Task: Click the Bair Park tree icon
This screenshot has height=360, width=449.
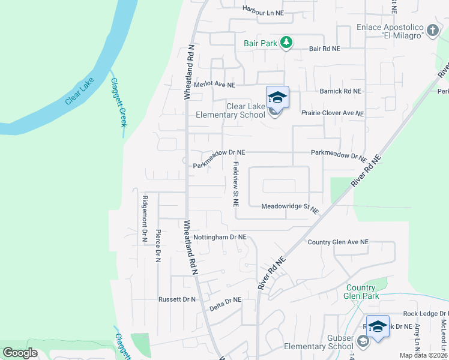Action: [x=287, y=43]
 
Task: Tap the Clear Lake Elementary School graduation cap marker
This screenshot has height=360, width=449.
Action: [x=277, y=97]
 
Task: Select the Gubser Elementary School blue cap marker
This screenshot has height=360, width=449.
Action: [x=378, y=326]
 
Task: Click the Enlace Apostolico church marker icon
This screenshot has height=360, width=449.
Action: [x=433, y=30]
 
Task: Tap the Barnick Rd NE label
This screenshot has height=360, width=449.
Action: [x=341, y=91]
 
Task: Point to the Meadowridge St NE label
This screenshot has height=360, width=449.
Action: [x=289, y=208]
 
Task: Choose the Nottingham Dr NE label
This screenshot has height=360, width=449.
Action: [x=220, y=237]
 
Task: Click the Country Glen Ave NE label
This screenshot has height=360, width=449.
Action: [x=338, y=242]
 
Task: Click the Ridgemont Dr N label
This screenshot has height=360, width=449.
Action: [x=145, y=219]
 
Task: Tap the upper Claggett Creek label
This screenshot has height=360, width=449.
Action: [x=118, y=103]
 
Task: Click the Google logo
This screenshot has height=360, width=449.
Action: [x=20, y=353]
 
